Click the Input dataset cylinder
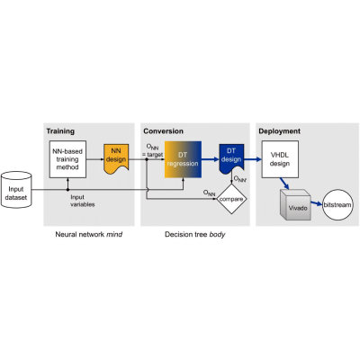pos(16,190)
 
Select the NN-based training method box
pos(67,159)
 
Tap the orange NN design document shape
pos(116,159)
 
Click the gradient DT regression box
pos(183,159)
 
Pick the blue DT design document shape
pos(231,159)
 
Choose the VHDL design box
pos(280,159)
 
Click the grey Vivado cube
pos(295,205)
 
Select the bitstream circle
pos(337,205)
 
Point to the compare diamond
pos(231,199)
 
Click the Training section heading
pos(60,131)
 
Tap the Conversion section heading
pos(163,131)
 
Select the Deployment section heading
pos(279,131)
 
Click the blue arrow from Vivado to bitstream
pos(317,203)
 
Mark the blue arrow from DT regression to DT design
pos(211,159)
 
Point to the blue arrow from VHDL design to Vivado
pos(284,184)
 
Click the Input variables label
pos(83,201)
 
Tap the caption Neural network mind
pos(89,234)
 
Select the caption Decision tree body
pos(195,234)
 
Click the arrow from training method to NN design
pos(95,159)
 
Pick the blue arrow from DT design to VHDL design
pos(253,159)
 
